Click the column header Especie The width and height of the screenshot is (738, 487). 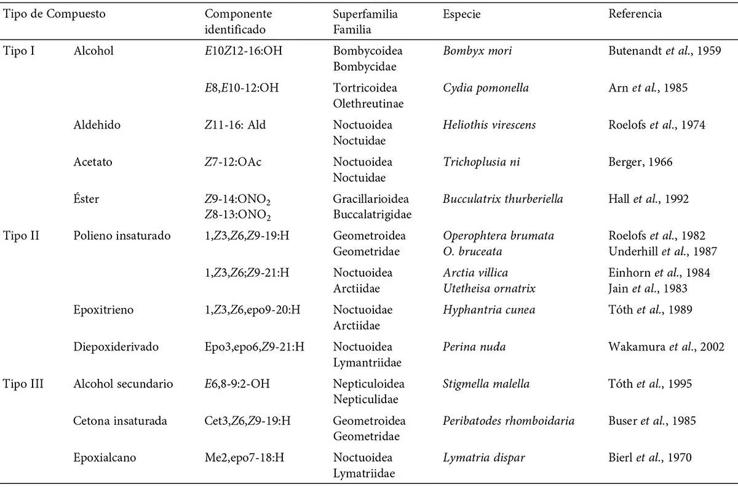pyautogui.click(x=461, y=14)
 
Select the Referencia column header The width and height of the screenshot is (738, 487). pyautogui.click(x=635, y=14)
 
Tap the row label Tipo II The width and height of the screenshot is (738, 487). pyautogui.click(x=20, y=236)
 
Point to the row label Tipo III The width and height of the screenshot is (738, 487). pyautogui.click(x=23, y=384)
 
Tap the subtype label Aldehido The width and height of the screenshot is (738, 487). pyautogui.click(x=97, y=125)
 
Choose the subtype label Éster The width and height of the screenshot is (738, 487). pyautogui.click(x=86, y=199)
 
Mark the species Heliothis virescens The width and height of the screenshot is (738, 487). pyautogui.click(x=489, y=125)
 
